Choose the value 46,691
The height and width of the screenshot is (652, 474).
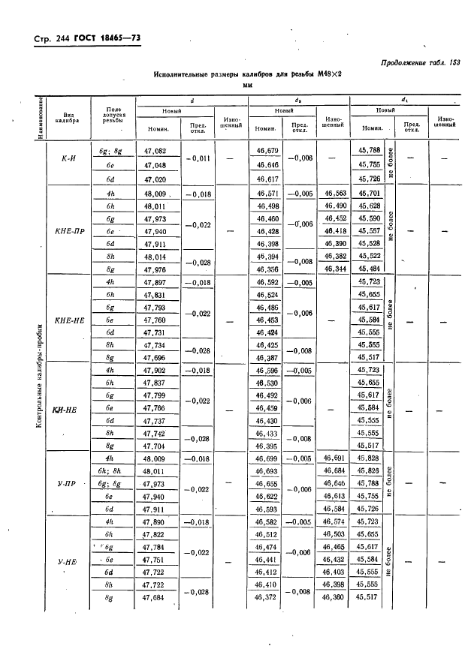tap(336, 458)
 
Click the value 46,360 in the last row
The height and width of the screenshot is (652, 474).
tap(336, 597)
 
